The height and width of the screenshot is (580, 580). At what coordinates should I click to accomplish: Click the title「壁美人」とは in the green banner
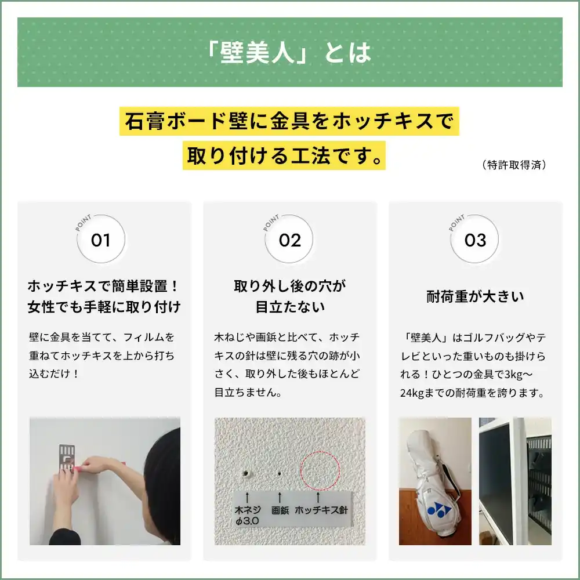coord(289,53)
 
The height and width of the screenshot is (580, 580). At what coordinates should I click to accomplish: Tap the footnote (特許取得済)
coord(514,165)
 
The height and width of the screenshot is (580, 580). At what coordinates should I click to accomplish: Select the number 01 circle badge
coord(101,240)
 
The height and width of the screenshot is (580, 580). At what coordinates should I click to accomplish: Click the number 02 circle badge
coord(289,240)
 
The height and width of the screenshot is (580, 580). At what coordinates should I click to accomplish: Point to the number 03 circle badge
coord(475,240)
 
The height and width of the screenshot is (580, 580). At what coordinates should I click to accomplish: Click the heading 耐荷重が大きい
coord(475,297)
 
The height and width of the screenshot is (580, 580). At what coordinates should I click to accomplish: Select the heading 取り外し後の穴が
coord(289,286)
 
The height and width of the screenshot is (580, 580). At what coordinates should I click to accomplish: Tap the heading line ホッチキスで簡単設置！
coord(104,286)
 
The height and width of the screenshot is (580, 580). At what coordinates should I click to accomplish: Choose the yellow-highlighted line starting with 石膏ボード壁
coord(289,121)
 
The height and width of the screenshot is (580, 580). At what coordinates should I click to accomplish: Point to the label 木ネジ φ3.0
coord(247,516)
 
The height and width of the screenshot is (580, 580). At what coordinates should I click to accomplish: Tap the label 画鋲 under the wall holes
coord(280,511)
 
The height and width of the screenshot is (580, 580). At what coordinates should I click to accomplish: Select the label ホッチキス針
coord(321,511)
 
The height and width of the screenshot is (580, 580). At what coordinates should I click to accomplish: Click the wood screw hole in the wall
coord(246,474)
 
